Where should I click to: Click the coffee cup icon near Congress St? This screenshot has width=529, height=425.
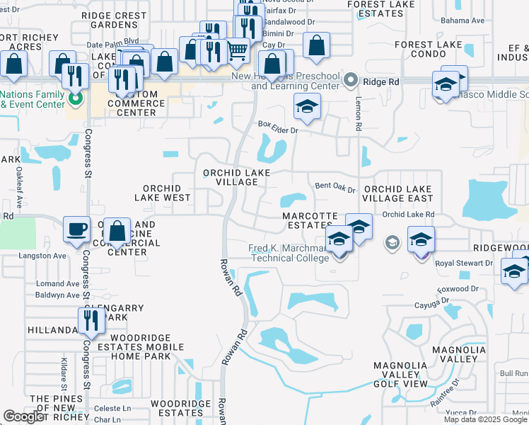(x=77, y=229)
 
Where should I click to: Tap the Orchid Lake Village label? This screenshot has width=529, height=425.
(x=231, y=177)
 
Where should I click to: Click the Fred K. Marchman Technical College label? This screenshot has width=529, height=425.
(x=289, y=253)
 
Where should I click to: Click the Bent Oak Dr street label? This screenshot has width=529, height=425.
(x=335, y=186)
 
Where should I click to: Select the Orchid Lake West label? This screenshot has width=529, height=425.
(x=167, y=193)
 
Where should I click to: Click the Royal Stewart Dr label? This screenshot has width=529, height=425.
(x=464, y=263)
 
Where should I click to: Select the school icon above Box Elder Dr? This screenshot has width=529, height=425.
(x=306, y=108)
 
